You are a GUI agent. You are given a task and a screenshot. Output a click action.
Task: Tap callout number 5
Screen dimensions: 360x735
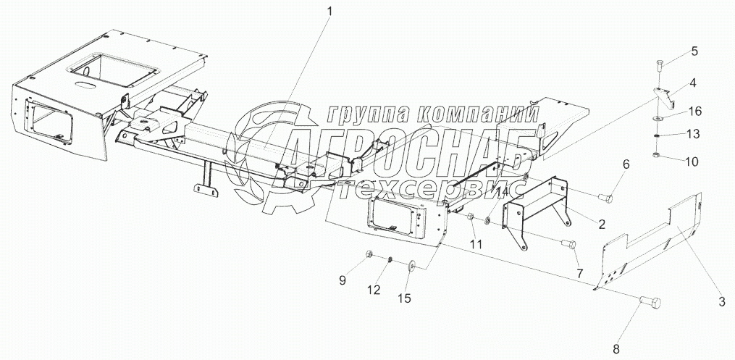694,51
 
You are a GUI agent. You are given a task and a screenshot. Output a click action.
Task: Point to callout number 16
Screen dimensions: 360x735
694,111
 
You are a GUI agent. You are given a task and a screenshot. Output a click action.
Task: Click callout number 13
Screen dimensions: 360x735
693,135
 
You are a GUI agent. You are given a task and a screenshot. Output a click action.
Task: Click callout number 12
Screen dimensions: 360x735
373,290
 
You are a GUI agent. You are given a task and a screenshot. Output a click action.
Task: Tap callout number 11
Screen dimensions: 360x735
475,244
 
